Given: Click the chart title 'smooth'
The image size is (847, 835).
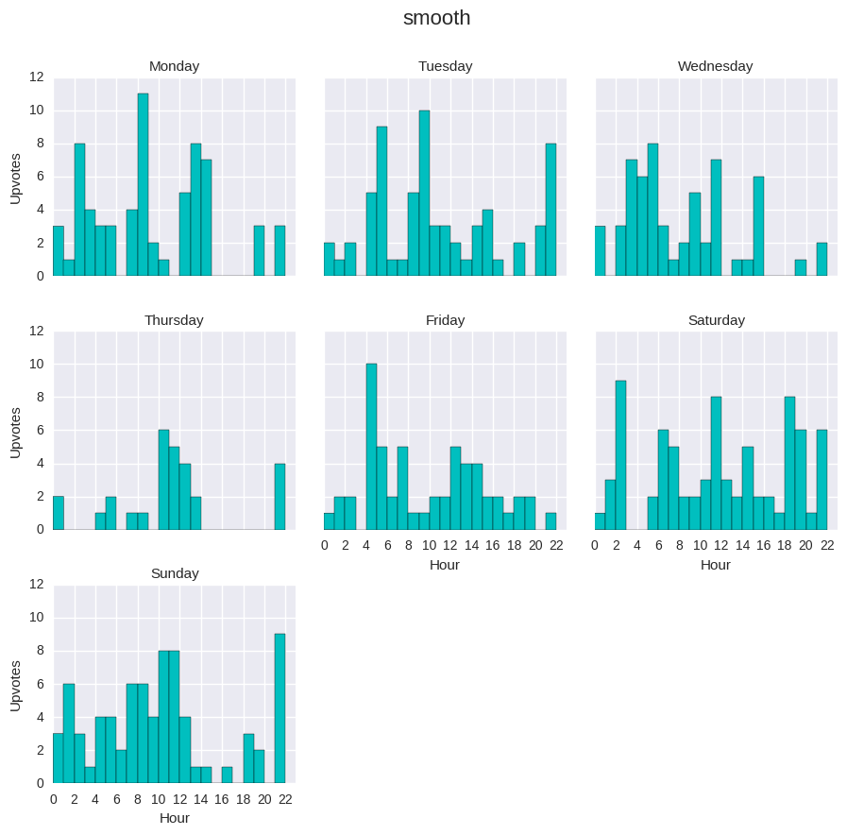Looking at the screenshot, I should tap(436, 18).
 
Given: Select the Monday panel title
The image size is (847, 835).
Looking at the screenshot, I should tap(174, 66).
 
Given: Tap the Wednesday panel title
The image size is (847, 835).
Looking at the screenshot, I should tap(715, 66).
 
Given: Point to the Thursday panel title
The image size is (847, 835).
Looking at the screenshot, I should tap(174, 320).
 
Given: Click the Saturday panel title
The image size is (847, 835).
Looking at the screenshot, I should tap(716, 320).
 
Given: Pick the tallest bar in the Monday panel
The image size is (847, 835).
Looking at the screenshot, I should tap(143, 185).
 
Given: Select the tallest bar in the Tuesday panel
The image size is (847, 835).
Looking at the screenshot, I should tap(424, 194).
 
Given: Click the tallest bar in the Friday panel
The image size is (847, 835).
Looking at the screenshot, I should tap(371, 447).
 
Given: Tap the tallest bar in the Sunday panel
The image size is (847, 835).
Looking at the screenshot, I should tap(280, 708).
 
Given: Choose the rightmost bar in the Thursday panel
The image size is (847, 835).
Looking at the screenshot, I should tap(280, 496).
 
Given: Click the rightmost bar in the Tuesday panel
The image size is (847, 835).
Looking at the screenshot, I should tap(551, 210).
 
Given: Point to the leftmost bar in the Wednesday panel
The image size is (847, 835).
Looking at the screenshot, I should tap(601, 251).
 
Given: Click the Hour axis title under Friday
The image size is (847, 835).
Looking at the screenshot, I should tap(445, 565).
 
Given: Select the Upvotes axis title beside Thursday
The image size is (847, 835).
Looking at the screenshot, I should tap(15, 431).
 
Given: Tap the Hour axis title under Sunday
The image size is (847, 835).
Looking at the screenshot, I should tap(174, 818).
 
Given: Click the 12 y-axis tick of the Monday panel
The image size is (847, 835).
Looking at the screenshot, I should tap(37, 77).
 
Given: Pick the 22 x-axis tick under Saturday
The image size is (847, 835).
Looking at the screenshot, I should tap(827, 545).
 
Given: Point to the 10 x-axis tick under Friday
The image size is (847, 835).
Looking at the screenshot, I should tap(430, 545).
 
